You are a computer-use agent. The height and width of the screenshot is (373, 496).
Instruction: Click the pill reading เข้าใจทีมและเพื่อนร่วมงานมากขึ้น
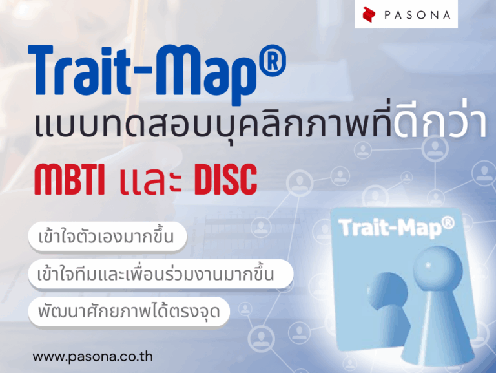coord(160,275)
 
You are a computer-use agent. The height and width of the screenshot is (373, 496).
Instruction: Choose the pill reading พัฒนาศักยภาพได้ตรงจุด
coord(128,313)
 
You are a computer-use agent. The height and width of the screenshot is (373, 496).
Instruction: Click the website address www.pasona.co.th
coord(92,356)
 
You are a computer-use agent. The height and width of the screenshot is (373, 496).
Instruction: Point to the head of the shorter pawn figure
coord(386,288)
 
